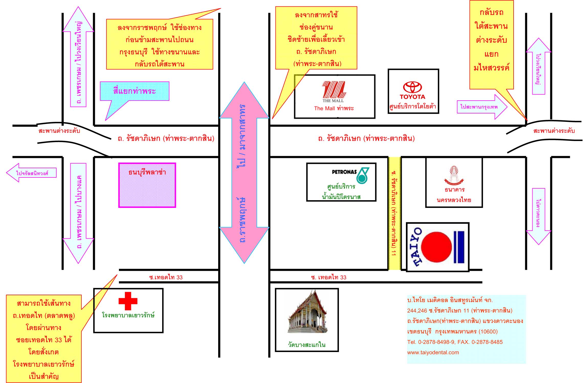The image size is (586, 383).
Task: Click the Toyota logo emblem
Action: click(x=412, y=87)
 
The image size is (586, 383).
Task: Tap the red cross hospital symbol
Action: click(x=128, y=301)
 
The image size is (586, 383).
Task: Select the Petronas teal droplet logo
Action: click(x=363, y=175)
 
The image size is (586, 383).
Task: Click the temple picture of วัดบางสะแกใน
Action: click(x=308, y=312)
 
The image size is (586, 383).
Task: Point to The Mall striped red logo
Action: click(x=334, y=90)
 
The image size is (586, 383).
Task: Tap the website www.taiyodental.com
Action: click(x=433, y=352)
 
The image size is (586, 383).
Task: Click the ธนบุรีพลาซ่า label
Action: click(x=147, y=172)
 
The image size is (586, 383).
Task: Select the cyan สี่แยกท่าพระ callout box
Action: click(x=135, y=91)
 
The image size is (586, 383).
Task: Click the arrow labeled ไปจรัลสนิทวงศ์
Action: click(x=31, y=173)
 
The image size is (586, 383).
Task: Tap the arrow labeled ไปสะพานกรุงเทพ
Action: click(x=482, y=107)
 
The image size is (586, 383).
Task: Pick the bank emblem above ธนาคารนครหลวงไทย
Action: click(x=454, y=175)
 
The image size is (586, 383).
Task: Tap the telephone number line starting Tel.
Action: click(x=455, y=342)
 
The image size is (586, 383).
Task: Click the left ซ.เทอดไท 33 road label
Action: click(x=166, y=277)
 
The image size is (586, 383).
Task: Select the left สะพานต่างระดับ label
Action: click(x=59, y=131)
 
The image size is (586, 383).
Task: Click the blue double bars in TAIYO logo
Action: click(x=459, y=247)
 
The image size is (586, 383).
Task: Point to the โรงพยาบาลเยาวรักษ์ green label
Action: click(x=128, y=315)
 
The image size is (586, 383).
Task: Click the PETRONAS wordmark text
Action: click(x=344, y=172)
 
